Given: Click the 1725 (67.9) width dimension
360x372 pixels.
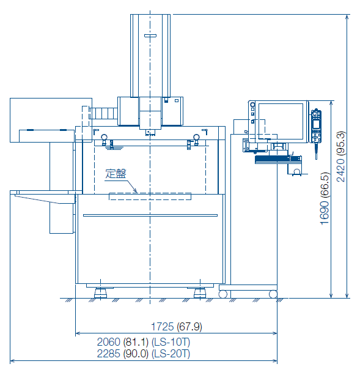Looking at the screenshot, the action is (x=176, y=327).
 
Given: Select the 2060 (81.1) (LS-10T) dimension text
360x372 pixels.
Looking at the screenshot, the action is (x=144, y=342).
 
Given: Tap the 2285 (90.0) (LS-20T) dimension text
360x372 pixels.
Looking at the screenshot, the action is (x=144, y=354).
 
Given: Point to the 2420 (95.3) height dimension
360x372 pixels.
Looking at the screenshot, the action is (x=340, y=157).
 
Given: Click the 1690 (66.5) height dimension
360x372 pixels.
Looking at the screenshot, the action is (x=325, y=198).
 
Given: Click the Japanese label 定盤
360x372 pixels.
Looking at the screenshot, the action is (x=116, y=174).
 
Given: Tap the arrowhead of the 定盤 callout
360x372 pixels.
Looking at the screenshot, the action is (x=136, y=191).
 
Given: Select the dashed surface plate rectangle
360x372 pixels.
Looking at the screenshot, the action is (x=150, y=196).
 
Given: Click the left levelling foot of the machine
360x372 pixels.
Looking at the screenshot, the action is (x=100, y=292).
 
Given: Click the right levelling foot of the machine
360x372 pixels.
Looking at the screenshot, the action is (x=200, y=292).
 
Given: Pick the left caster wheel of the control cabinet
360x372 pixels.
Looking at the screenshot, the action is (x=222, y=294).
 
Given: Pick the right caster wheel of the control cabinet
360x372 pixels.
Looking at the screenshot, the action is (x=273, y=294).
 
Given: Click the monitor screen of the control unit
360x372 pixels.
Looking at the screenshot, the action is (x=281, y=121).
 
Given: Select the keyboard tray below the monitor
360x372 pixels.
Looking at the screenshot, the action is (x=278, y=160).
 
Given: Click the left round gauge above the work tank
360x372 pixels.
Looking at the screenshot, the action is (x=104, y=137).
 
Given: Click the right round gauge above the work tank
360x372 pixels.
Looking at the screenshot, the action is (x=196, y=137).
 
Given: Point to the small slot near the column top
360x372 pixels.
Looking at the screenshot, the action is (x=150, y=36).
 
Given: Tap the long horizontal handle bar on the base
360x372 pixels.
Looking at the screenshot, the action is (x=150, y=215).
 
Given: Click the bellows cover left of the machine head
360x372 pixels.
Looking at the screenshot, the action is (x=103, y=113).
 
